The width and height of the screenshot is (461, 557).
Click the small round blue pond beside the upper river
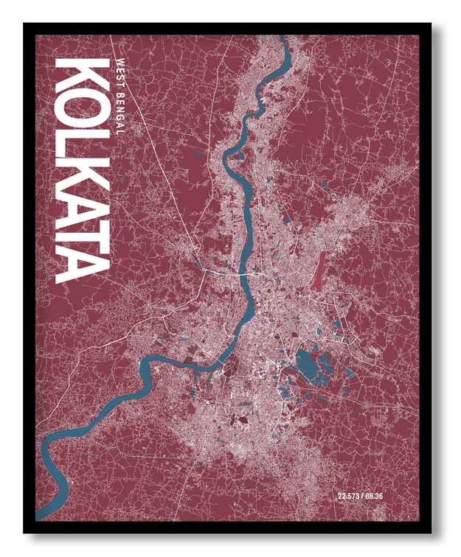pyautogui.click(x=198, y=154)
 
